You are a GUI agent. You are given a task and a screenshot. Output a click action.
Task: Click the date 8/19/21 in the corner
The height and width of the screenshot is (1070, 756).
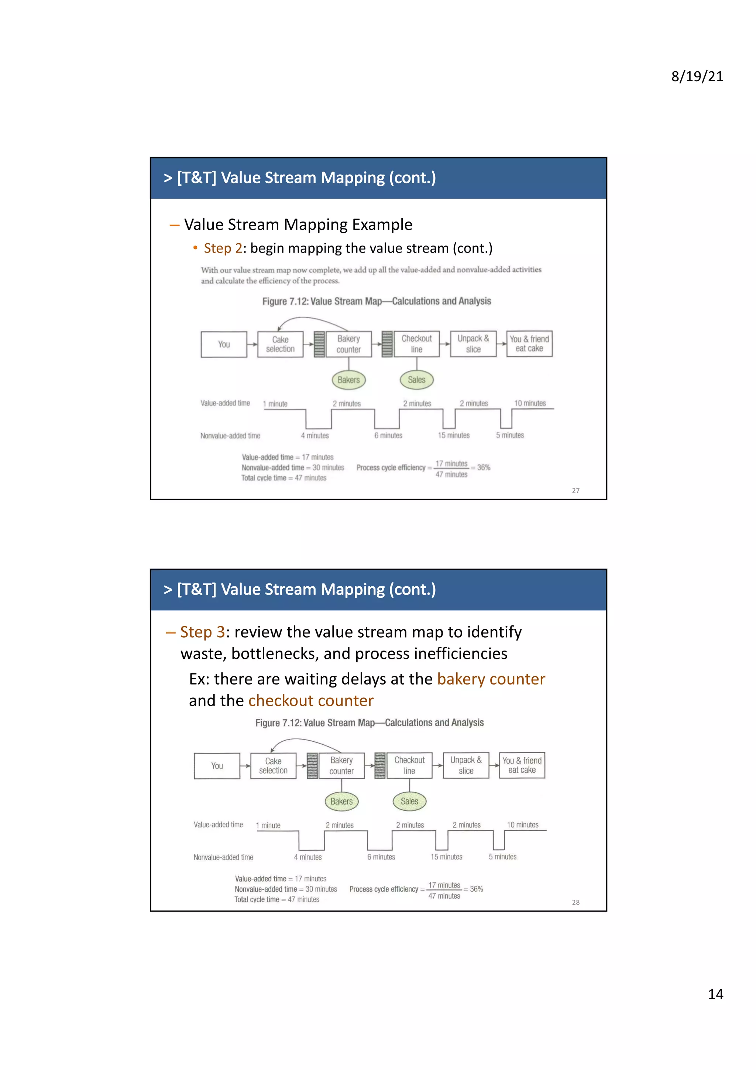pos(697,76)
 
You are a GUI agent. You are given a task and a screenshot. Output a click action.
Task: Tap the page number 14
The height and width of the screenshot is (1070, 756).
pos(715,994)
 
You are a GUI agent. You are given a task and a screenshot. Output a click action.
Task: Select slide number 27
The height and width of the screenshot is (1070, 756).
pos(576,490)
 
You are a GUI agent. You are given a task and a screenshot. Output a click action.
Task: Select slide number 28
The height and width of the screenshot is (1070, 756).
pos(576,902)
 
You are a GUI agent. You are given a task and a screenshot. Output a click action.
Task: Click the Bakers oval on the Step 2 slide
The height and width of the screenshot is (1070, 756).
pos(348,380)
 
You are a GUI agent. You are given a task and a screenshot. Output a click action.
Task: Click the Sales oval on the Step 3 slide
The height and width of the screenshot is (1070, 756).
pos(409,801)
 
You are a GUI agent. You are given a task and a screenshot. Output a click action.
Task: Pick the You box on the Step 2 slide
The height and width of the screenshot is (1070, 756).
pos(224,344)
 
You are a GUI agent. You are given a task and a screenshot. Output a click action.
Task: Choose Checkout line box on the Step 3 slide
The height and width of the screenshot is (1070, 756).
pos(409,765)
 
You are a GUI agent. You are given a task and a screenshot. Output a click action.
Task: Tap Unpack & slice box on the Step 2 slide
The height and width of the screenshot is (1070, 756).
pos(473,344)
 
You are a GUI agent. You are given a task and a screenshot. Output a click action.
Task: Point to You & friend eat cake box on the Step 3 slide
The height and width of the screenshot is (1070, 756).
pos(522,765)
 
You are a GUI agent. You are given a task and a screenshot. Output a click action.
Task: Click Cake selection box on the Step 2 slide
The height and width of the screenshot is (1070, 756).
pos(281,344)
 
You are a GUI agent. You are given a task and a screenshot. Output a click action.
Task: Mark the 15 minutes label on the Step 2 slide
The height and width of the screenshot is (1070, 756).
pos(454,435)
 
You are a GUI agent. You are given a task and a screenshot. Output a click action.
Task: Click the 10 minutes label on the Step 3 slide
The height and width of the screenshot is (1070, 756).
pos(523,825)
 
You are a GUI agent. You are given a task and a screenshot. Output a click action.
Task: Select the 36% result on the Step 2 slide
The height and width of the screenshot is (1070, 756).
pos(484,467)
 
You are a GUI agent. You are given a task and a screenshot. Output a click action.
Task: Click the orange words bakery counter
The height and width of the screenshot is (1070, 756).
pos(491,679)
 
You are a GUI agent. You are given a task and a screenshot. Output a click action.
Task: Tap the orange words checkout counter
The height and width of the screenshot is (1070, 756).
pos(311,701)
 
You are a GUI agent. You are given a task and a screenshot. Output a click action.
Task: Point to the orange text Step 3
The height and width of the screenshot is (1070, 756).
pos(202,632)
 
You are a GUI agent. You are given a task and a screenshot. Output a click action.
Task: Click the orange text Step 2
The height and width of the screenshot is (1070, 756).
pos(223,248)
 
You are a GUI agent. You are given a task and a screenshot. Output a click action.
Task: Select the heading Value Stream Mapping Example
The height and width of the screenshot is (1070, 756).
pos(298,224)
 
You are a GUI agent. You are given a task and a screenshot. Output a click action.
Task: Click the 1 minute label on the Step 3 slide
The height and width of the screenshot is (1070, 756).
pos(268,825)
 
